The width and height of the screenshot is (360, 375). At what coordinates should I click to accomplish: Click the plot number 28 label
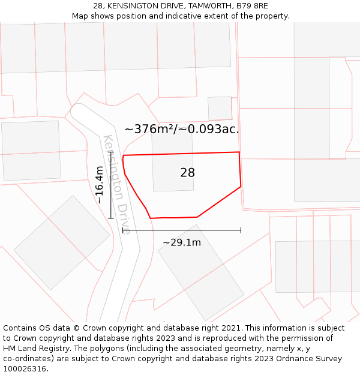[x=187, y=173]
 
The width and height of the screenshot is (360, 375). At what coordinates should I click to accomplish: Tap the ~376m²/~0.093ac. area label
[x=181, y=129]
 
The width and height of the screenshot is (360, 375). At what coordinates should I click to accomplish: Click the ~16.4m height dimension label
[x=100, y=185]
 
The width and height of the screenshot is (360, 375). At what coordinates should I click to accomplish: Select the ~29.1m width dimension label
[x=182, y=242]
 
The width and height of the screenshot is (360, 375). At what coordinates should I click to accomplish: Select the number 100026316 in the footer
[x=26, y=369]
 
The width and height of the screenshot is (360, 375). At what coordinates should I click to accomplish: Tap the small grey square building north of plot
[x=220, y=109]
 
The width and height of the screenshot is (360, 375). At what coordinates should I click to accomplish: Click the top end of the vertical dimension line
[x=111, y=152]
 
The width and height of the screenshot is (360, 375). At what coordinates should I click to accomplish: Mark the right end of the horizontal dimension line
[x=241, y=230]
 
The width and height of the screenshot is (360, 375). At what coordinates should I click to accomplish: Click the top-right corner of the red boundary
[x=239, y=152]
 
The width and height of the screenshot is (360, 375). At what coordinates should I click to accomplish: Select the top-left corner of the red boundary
[x=124, y=156]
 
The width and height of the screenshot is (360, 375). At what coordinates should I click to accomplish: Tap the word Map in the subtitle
[x=81, y=16]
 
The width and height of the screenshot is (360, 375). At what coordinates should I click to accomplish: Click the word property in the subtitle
[x=271, y=16]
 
